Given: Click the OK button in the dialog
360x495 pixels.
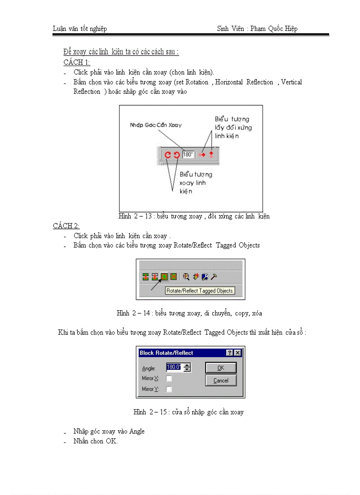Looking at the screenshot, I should pyautogui.click(x=221, y=368).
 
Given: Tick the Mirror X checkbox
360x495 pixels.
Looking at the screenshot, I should pyautogui.click(x=169, y=378).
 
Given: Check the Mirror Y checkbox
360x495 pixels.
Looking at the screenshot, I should pyautogui.click(x=169, y=389).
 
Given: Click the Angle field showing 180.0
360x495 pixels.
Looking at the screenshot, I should pyautogui.click(x=174, y=367).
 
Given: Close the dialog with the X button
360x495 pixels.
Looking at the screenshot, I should pyautogui.click(x=238, y=353).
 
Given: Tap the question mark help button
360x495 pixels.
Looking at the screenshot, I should pyautogui.click(x=230, y=353).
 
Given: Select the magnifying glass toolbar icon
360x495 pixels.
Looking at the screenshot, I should pyautogui.click(x=186, y=277).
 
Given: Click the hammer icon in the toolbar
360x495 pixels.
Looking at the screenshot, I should pyautogui.click(x=214, y=277).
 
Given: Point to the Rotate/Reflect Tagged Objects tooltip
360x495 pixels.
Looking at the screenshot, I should pyautogui.click(x=200, y=291).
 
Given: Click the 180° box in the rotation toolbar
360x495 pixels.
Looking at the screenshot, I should pyautogui.click(x=188, y=155).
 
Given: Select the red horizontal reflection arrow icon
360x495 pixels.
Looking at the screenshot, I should pyautogui.click(x=202, y=155).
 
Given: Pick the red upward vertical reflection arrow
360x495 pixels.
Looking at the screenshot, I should pyautogui.click(x=211, y=154).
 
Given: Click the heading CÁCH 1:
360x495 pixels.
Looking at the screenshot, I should pyautogui.click(x=76, y=62).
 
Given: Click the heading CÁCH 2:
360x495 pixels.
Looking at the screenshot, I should pyautogui.click(x=66, y=226).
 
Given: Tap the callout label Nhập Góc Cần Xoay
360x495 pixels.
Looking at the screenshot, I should pyautogui.click(x=155, y=125).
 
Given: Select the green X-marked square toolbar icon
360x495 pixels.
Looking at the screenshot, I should pyautogui.click(x=173, y=277).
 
